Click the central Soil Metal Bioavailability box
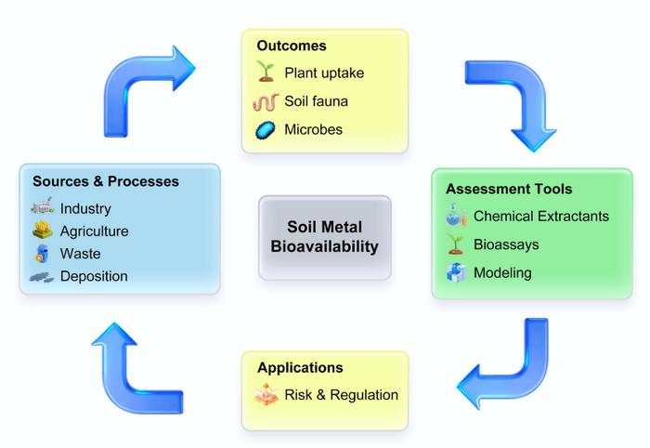[x=325, y=237]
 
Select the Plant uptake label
[x=325, y=72]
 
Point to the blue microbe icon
[x=266, y=129]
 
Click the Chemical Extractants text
[x=541, y=216]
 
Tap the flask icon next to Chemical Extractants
[x=455, y=217]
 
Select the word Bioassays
[x=506, y=244]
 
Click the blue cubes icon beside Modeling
[x=455, y=273]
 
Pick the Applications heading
[x=300, y=367]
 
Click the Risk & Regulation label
[x=341, y=395]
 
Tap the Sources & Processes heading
[x=106, y=180]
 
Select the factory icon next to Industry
[x=43, y=208]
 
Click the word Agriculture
[x=94, y=231]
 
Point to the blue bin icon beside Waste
[x=43, y=254]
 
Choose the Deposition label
[x=94, y=276]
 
